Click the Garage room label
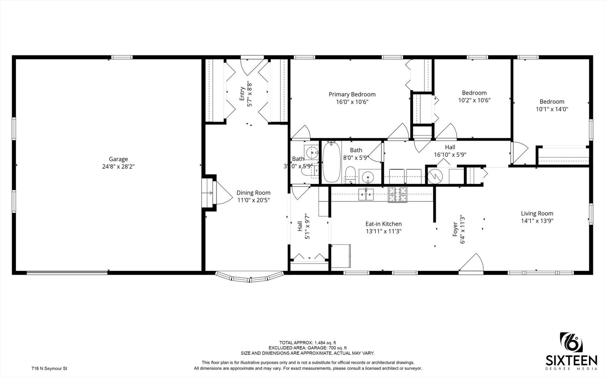click(x=118, y=159)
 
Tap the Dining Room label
click(x=253, y=193)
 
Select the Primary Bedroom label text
click(x=352, y=94)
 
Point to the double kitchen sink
click(x=366, y=194)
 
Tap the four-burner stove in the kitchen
click(x=398, y=195)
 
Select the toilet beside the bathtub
click(x=350, y=175)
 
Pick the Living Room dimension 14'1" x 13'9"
click(x=537, y=221)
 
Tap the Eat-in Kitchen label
click(x=384, y=224)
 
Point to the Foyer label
click(x=455, y=229)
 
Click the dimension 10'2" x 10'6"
click(x=474, y=100)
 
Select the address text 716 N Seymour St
click(x=49, y=369)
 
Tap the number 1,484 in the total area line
click(x=321, y=343)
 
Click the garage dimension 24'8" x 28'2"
click(x=118, y=167)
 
